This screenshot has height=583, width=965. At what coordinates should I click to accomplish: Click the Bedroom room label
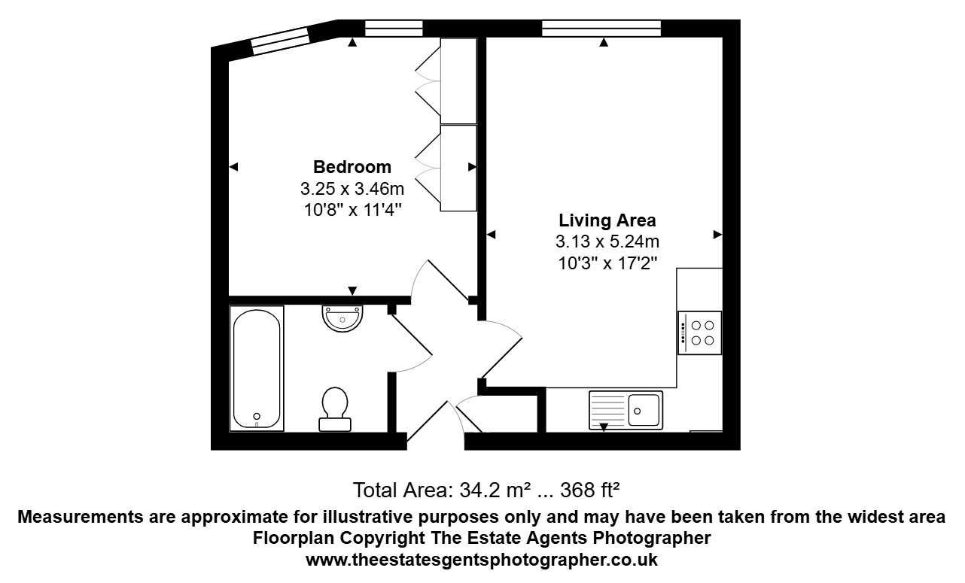coord(352,167)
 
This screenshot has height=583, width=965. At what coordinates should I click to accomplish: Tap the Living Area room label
coord(607,221)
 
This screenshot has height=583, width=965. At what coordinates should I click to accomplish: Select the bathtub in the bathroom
coord(257,368)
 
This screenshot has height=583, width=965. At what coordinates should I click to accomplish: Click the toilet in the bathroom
coord(334,408)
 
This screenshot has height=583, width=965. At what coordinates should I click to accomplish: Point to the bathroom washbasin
coord(342,317)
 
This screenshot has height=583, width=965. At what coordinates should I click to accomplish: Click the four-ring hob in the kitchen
coord(699,332)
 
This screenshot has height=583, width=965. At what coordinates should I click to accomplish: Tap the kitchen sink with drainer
coord(626,410)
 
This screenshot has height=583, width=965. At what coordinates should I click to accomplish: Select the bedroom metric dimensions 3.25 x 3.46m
coord(352,189)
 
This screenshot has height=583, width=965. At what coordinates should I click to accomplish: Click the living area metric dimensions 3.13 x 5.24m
coord(607,242)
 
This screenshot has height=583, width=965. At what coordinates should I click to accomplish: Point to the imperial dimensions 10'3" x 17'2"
coord(607,263)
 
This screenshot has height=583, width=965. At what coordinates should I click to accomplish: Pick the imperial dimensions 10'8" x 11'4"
coord(352,210)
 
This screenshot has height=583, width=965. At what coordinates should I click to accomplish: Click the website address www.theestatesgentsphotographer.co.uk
coord(482,560)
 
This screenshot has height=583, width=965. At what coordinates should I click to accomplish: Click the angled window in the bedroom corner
coord(280,40)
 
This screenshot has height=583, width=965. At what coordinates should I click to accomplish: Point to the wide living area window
coord(601,29)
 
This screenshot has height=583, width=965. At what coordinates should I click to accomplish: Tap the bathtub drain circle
coord(257,415)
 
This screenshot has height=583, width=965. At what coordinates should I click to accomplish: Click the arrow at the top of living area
coord(604,43)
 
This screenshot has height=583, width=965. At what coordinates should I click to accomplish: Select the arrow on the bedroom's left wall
coord(233,166)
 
